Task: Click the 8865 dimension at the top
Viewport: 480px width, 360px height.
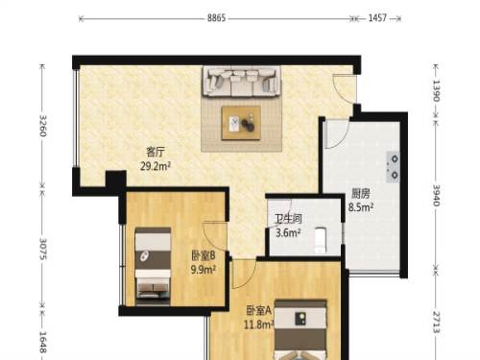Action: click(x=216, y=18)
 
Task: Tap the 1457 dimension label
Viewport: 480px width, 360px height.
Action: click(x=377, y=18)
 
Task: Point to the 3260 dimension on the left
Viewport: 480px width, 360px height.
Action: click(x=43, y=126)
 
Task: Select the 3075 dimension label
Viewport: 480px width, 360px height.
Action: click(x=43, y=249)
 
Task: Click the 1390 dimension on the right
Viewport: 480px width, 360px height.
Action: click(x=437, y=90)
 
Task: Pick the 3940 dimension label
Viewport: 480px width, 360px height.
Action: click(x=437, y=195)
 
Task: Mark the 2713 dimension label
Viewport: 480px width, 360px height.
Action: click(x=437, y=322)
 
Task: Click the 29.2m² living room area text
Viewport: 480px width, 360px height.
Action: click(x=156, y=166)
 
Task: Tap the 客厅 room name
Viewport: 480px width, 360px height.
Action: click(x=156, y=152)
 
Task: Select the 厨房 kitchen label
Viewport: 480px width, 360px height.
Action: click(x=361, y=193)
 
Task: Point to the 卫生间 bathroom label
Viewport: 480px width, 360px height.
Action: click(x=289, y=219)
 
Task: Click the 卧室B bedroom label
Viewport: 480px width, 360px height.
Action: click(x=204, y=255)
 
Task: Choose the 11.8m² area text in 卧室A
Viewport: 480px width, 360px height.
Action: click(x=258, y=324)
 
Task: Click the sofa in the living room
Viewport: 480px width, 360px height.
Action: click(x=241, y=82)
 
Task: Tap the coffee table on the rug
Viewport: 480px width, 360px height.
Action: click(x=241, y=123)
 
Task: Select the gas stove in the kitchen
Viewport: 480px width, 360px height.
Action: click(x=393, y=167)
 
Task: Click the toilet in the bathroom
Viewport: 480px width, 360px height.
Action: click(x=320, y=239)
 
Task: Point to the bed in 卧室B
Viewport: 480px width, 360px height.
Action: click(x=153, y=265)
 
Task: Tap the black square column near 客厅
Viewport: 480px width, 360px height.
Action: click(x=115, y=182)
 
